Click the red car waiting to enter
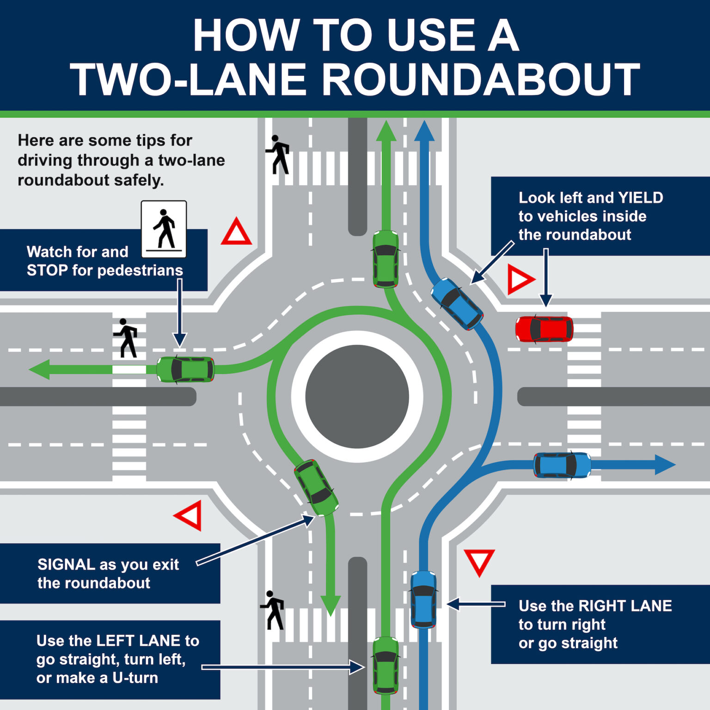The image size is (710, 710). [544, 329]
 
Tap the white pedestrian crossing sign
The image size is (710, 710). [164, 229]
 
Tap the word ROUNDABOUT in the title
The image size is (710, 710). [481, 80]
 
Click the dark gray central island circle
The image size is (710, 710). [357, 397]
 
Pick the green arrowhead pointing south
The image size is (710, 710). [331, 605]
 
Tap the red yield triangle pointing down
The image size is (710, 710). [479, 561]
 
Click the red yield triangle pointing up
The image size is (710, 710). [236, 233]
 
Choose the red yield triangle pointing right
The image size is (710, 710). [520, 279]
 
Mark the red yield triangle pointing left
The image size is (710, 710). [190, 515]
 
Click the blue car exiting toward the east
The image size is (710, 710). [562, 465]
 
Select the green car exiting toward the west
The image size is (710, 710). [185, 369]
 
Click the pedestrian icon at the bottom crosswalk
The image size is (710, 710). [273, 610]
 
